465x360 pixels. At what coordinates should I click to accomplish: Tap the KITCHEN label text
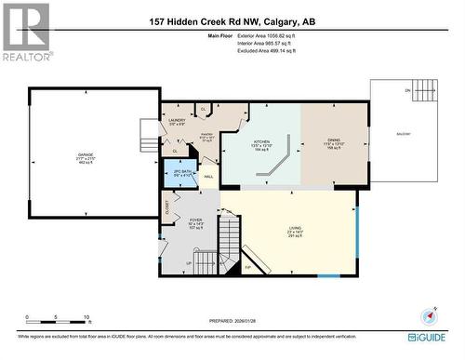click(x=261, y=141)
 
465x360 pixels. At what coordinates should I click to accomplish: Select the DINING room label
click(x=333, y=140)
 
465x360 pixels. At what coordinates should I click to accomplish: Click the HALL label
click(x=208, y=177)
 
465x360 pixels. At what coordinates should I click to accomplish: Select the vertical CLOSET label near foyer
click(x=166, y=207)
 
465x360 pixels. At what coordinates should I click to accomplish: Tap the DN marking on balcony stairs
click(x=406, y=90)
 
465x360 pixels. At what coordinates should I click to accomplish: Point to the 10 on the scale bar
click(x=86, y=317)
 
